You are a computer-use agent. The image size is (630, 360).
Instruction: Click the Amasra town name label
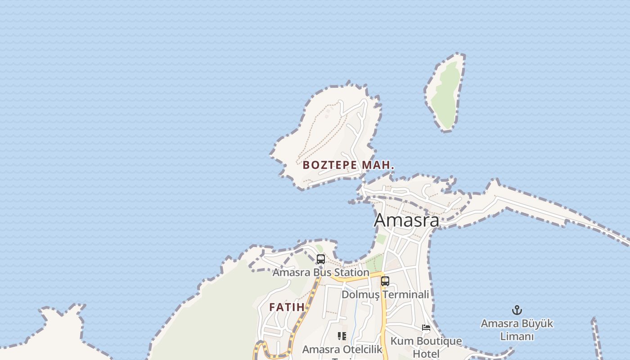click(406, 220)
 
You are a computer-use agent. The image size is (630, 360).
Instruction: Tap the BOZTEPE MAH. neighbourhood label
click(348, 165)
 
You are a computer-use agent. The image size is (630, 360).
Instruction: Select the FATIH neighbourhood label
click(287, 307)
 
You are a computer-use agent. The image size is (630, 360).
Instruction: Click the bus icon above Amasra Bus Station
click(321, 259)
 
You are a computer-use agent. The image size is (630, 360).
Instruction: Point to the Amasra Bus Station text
click(321, 273)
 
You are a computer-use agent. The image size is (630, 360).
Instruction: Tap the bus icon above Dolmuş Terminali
click(385, 281)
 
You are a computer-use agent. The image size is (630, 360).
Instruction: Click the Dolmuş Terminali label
click(385, 295)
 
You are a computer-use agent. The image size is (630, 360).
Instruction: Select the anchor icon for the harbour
click(517, 310)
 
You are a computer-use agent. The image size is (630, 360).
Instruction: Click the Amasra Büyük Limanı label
click(517, 330)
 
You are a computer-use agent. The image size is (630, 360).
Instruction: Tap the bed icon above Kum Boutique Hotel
click(426, 328)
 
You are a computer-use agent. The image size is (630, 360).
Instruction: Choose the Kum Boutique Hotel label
click(426, 347)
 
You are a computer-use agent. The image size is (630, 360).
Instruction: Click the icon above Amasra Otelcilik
click(342, 336)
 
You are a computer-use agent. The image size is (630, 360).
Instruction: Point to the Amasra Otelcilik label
click(342, 350)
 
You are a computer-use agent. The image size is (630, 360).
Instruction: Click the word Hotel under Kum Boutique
click(426, 354)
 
